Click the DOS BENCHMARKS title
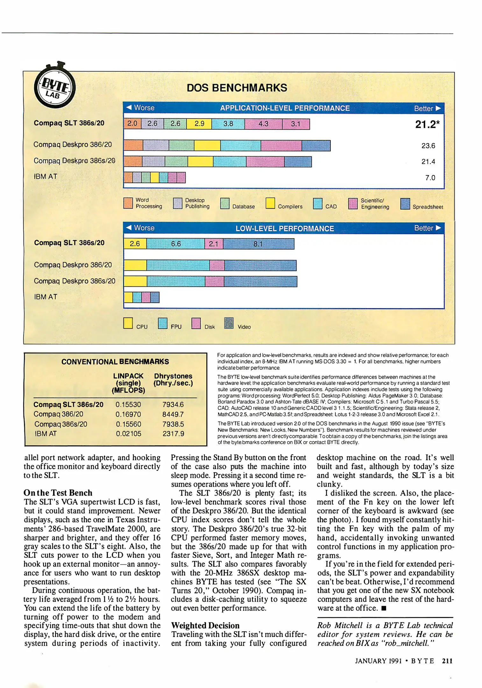tap(237, 88)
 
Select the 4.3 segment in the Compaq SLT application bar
tap(263, 124)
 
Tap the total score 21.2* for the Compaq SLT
tap(427, 124)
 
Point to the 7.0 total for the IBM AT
tap(430, 178)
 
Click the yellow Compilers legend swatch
tap(270, 203)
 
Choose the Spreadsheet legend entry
tap(427, 207)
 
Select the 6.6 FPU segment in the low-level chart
tap(176, 244)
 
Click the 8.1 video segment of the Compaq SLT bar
tap(258, 244)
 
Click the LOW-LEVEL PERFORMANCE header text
tap(284, 228)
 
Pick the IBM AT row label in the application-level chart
tap(46, 176)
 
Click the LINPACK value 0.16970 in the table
tap(128, 414)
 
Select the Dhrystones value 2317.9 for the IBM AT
tap(173, 434)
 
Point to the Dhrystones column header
tap(173, 379)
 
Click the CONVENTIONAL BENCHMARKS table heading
tap(115, 362)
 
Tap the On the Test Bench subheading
tap(58, 493)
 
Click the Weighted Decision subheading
tap(205, 625)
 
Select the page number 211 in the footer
tap(447, 661)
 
